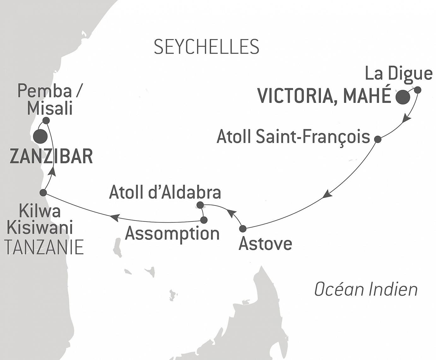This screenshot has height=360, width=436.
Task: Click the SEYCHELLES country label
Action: [206, 47]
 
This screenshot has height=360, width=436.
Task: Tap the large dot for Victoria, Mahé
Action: [403, 97]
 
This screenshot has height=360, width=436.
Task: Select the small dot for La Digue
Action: [417, 90]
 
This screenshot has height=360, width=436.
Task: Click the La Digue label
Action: [398, 74]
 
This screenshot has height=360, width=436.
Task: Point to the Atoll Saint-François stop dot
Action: [377, 139]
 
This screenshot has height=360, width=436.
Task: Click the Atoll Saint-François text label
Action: [293, 137]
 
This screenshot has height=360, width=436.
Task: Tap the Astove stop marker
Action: [243, 228]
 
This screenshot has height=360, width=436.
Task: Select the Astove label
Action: [265, 244]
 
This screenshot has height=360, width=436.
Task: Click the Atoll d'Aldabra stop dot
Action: [200, 205]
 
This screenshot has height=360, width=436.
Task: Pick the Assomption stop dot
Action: [204, 220]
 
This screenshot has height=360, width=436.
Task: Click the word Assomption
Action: [172, 234]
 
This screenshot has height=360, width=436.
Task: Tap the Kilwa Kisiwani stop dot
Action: [43, 192]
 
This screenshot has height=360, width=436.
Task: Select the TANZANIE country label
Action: [44, 247]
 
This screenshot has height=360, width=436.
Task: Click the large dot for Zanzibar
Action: [40, 136]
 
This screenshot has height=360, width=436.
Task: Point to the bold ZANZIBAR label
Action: [51, 156]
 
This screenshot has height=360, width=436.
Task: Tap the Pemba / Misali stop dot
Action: [46, 121]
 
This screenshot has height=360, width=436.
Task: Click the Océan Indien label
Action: [366, 289]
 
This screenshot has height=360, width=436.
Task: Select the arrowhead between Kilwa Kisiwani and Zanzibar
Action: [53, 171]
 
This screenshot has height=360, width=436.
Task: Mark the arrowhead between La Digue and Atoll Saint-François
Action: [407, 120]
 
